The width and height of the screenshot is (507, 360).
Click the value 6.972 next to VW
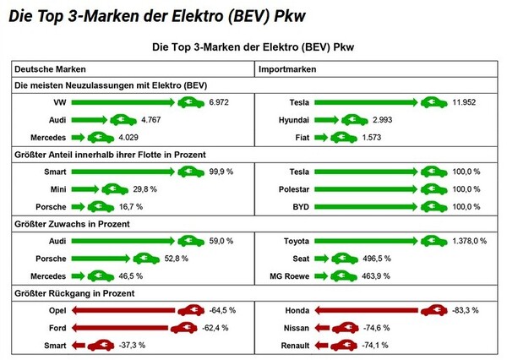point(221,102)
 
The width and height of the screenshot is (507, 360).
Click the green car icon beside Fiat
point(344,137)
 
